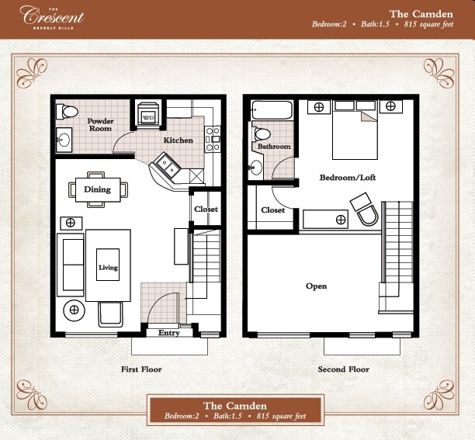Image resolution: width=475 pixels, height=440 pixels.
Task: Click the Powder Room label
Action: coord(100,125)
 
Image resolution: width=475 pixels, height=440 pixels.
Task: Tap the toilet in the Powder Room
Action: coord(67,111)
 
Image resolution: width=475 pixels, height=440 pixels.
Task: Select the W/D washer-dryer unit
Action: coord(148,114)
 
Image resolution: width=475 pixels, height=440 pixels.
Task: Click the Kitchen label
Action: coord(179,140)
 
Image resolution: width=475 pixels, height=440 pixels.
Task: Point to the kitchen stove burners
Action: coord(213,139)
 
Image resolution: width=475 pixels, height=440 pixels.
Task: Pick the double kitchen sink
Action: coord(167,166)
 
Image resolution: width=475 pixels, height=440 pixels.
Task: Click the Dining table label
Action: coord(97,189)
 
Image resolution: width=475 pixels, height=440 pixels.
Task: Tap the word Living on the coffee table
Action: coord(108,268)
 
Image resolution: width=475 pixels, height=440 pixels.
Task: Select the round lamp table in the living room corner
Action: coord(74,310)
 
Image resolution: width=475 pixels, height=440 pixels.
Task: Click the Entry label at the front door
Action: coord(169,333)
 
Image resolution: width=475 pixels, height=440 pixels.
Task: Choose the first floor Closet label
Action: coord(206,209)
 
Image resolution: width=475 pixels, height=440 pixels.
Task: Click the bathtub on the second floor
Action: coord(272,110)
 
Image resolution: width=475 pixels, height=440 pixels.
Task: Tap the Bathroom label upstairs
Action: coord(274,146)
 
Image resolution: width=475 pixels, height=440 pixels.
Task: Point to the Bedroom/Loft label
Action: coord(348,177)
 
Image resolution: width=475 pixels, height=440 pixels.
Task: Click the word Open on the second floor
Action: coord(316,286)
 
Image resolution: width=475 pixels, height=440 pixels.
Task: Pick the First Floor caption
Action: coord(141,369)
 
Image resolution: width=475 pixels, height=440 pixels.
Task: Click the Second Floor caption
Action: coord(344,369)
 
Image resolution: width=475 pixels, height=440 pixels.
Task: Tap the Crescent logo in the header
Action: coord(52,17)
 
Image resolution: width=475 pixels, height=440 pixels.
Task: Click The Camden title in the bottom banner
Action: coord(235,406)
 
